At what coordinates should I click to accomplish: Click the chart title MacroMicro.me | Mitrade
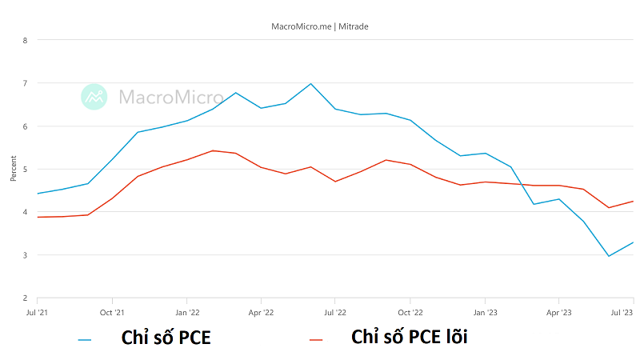tap(320, 26)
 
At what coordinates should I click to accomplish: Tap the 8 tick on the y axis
tap(26, 40)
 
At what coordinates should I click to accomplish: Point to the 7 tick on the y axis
tap(26, 83)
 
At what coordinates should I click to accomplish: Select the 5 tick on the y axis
tap(26, 169)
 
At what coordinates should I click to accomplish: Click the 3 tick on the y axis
tap(26, 255)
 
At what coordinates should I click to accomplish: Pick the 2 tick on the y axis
tap(26, 298)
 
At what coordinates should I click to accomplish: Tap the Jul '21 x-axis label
tap(38, 312)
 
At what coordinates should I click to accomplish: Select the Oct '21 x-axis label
tap(112, 312)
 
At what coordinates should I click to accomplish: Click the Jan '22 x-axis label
tap(186, 312)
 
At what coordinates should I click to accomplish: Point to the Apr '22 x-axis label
tap(261, 312)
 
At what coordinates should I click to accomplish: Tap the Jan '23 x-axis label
tap(485, 312)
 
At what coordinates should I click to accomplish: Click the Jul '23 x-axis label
tap(622, 312)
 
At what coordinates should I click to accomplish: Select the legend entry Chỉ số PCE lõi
tap(409, 338)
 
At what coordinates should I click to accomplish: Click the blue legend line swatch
tap(85, 340)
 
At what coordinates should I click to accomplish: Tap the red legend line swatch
tap(316, 340)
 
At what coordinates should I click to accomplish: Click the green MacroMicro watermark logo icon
tap(94, 97)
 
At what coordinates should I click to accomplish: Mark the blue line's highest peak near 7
tap(310, 83)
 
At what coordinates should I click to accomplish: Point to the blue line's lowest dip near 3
tap(609, 256)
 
